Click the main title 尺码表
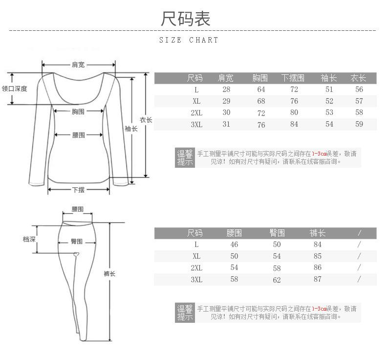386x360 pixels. click(186, 19)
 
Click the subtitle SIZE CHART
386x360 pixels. click(189, 40)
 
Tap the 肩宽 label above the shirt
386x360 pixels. click(78, 65)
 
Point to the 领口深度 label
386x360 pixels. click(15, 89)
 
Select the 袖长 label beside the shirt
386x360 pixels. click(131, 129)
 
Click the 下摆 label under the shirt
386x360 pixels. click(78, 190)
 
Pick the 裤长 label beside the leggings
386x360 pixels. click(109, 273)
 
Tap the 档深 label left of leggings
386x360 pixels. click(29, 239)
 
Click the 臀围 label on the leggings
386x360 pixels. click(77, 241)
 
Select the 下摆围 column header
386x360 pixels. click(293, 78)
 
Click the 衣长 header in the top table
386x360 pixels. click(359, 78)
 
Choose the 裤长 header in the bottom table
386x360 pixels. click(318, 233)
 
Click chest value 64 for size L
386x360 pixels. click(261, 90)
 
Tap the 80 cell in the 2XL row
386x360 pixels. click(294, 112)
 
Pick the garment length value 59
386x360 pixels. click(359, 124)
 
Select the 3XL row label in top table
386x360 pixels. click(196, 125)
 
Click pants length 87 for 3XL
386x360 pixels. click(318, 280)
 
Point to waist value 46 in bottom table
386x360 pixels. click(234, 245)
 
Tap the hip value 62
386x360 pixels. click(277, 280)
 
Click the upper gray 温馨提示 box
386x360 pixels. click(185, 157)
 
